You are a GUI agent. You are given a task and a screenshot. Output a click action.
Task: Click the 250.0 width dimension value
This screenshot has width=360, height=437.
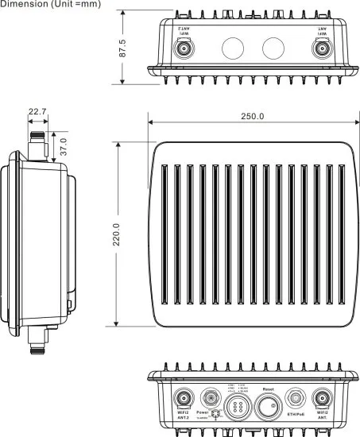[253, 116]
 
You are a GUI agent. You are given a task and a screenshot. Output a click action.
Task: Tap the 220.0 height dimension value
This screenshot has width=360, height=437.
[116, 230]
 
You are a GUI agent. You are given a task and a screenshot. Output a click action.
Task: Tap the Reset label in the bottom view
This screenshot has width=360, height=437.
[268, 389]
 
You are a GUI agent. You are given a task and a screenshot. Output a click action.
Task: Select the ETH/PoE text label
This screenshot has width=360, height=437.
[296, 414]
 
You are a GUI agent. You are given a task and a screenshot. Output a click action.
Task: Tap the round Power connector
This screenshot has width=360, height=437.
[209, 398]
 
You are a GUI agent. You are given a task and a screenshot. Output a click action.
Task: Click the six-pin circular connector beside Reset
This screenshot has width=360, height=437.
[238, 407]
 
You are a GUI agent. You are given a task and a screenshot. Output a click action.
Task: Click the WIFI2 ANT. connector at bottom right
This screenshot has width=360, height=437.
[323, 399]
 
